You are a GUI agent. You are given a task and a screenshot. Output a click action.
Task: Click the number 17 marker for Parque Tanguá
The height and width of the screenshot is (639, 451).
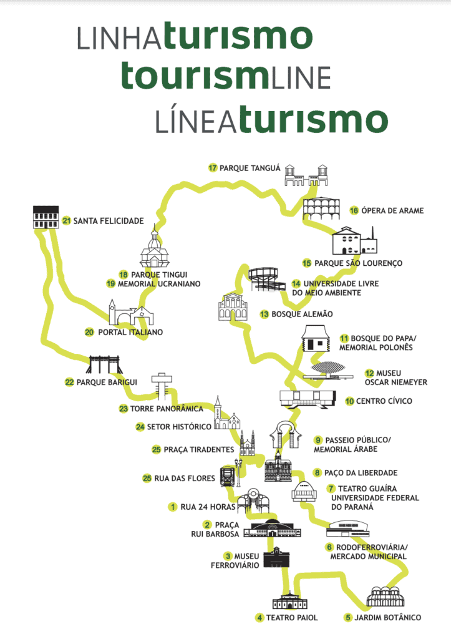[x=213, y=168]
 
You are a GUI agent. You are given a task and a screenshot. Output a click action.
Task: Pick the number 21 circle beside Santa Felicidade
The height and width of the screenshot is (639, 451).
[x=66, y=221]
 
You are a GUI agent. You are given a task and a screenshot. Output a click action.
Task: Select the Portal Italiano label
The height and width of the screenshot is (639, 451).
[x=130, y=333]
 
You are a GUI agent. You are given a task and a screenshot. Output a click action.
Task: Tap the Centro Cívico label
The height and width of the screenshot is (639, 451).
[x=383, y=401]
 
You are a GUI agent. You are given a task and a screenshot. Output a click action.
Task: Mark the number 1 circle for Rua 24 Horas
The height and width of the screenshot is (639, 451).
[x=172, y=507]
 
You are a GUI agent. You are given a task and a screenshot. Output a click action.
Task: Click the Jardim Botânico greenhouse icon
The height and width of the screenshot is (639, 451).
[x=386, y=597]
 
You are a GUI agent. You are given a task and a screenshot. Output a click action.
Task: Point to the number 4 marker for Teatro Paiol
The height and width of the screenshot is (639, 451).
[x=259, y=618]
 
